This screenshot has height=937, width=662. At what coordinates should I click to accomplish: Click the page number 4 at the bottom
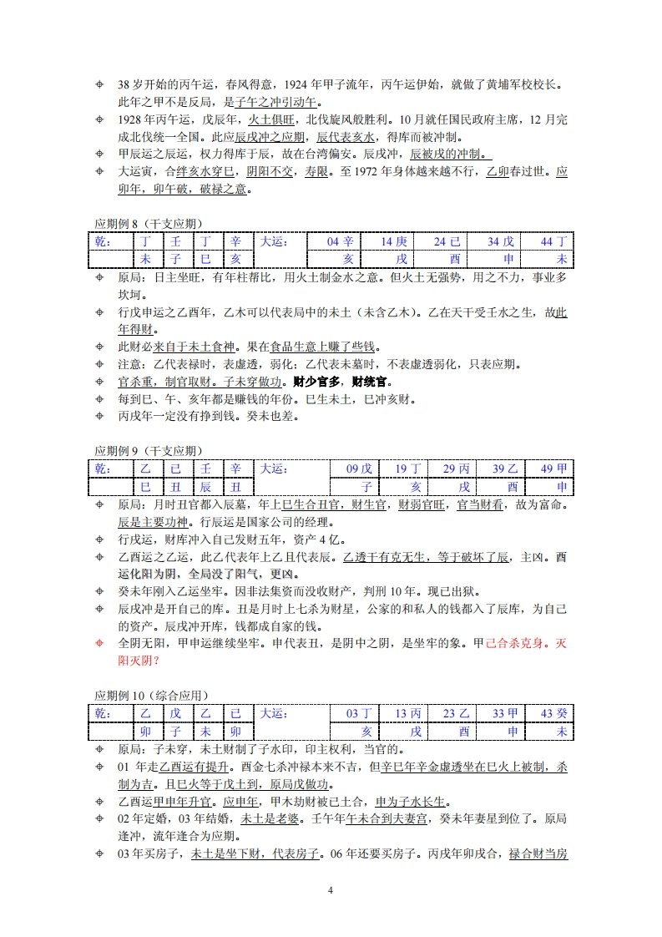331,889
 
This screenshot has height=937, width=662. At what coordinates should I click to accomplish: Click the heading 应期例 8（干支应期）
148,223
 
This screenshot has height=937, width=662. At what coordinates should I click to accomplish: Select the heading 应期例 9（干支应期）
148,451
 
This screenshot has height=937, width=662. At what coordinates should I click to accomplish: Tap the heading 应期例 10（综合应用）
151,695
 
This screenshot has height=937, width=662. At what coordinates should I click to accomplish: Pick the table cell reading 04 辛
340,242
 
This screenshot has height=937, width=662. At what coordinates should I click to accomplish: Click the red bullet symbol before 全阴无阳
100,642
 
